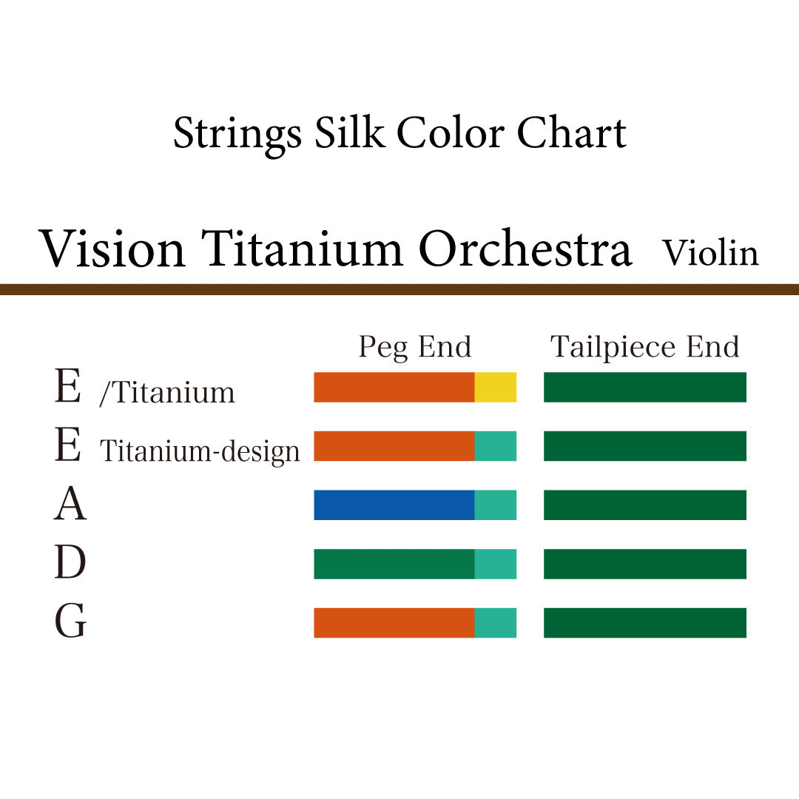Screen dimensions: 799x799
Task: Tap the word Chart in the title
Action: pos(571,133)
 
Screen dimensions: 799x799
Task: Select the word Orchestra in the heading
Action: pos(525,249)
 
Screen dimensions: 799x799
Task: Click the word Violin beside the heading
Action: pos(710,253)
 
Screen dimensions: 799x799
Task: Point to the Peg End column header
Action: pos(414,347)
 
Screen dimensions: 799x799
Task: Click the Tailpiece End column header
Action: pos(644,347)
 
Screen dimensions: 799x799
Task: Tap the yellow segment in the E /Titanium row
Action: pos(495,388)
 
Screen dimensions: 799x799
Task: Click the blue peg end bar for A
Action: pos(394,505)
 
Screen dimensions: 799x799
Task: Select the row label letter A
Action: pos(70,505)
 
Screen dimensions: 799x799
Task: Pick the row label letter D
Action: pos(70,564)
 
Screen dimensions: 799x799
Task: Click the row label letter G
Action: pos(70,623)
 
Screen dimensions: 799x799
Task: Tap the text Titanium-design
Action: pos(200,451)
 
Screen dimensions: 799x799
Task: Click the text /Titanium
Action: pos(167,392)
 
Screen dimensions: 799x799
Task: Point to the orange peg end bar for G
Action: pos(394,623)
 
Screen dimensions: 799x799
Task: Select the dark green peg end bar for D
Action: pos(394,564)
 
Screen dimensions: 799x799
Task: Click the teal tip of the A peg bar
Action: pos(495,505)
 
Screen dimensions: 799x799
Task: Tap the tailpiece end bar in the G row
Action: pos(644,623)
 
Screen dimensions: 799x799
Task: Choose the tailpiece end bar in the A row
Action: pos(644,505)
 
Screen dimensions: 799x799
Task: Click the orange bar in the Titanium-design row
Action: pos(394,446)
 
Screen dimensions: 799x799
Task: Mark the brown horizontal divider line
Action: pos(399,289)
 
